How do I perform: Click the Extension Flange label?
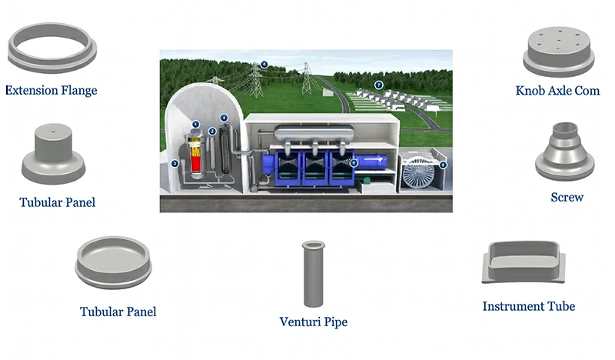[52, 91]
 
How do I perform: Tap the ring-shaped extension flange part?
[52, 47]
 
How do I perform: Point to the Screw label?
[567, 198]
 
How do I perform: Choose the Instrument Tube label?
[528, 306]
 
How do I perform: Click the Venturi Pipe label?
[313, 321]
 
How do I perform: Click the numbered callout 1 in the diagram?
[195, 124]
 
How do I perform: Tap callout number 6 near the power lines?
[264, 65]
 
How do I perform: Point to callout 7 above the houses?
[378, 85]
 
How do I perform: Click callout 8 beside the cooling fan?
[443, 164]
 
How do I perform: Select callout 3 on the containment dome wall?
[175, 163]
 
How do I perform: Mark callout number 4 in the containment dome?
[224, 118]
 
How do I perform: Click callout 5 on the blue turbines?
[354, 163]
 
